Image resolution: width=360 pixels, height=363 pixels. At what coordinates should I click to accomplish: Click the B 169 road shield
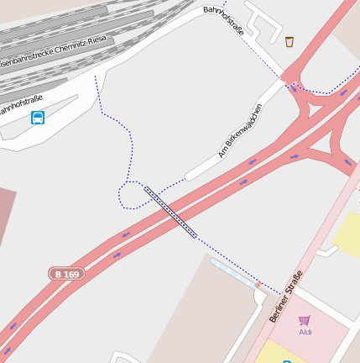pyautogui.click(x=67, y=274)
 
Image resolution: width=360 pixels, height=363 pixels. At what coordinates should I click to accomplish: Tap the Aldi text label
pyautogui.click(x=305, y=332)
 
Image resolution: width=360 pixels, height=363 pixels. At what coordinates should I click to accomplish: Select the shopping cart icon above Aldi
pyautogui.click(x=304, y=320)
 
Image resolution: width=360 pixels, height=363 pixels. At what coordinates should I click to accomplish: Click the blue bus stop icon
pyautogui.click(x=38, y=118)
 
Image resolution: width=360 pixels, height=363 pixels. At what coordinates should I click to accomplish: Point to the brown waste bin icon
pyautogui.click(x=290, y=42)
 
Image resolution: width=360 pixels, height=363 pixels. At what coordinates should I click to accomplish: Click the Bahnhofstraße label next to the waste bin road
pyautogui.click(x=224, y=20)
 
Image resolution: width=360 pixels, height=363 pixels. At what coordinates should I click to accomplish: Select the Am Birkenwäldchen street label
pyautogui.click(x=240, y=130)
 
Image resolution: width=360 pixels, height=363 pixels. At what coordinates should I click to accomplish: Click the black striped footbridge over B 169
pyautogui.click(x=170, y=213)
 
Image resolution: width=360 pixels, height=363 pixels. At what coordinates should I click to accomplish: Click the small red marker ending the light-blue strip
pyautogui.click(x=258, y=285)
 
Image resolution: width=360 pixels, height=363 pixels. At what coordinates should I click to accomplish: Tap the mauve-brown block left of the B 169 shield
pyautogui.click(x=7, y=218)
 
